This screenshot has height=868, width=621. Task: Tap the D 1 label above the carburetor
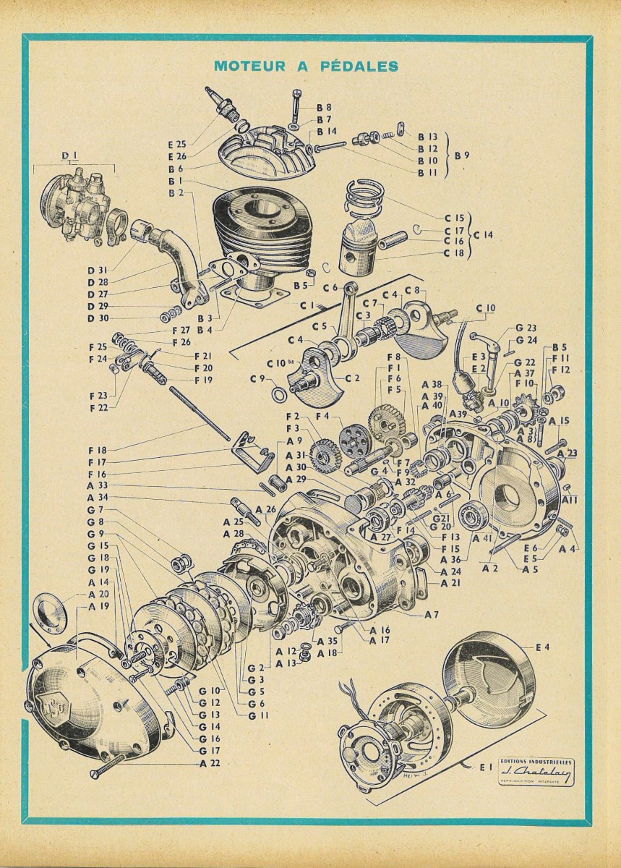(x=69, y=154)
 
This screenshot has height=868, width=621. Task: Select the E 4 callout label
(x=543, y=646)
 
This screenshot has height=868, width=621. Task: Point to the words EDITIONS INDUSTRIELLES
(x=536, y=762)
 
